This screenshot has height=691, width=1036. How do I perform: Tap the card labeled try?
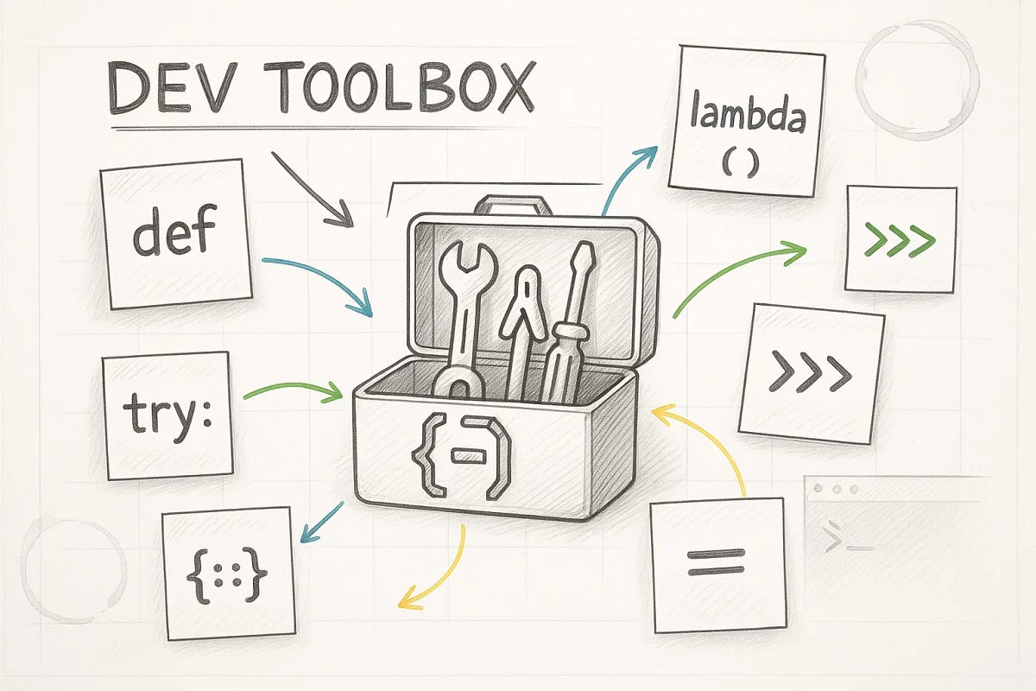(167, 415)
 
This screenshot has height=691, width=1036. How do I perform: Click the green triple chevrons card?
(900, 238)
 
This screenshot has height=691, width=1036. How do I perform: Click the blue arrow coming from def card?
(319, 281)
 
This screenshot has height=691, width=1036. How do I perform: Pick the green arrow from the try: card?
(294, 392)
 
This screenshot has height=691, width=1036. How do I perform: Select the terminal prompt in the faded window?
(837, 542)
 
